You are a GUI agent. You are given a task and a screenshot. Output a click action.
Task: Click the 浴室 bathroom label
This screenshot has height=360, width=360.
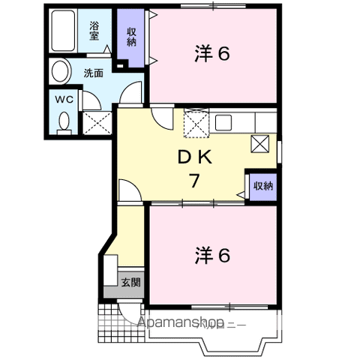[x=94, y=31]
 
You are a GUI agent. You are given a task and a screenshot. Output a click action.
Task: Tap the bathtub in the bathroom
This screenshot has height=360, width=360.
[x=63, y=31]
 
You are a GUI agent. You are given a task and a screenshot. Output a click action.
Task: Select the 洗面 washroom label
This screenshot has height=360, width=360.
[x=93, y=73]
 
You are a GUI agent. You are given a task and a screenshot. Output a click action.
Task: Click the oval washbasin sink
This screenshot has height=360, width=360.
[x=60, y=71]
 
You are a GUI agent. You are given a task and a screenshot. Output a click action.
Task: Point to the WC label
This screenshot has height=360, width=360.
[x=64, y=100]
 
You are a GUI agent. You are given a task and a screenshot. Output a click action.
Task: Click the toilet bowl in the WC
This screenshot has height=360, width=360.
[x=64, y=122]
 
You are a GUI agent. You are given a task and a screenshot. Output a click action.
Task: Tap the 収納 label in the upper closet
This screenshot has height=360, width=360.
[x=131, y=37]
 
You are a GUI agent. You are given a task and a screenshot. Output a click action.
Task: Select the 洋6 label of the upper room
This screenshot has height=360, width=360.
[x=212, y=53]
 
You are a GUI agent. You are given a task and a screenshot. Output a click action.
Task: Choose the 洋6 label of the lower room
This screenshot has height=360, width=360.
[x=212, y=255]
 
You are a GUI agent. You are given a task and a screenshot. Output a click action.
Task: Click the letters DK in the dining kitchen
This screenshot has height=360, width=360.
[x=195, y=157]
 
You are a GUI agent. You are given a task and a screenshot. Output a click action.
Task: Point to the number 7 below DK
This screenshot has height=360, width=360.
[x=194, y=181]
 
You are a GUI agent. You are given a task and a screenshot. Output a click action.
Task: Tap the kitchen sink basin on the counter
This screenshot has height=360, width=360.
[x=223, y=122]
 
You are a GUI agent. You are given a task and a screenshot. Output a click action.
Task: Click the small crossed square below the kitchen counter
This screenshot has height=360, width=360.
[x=260, y=144]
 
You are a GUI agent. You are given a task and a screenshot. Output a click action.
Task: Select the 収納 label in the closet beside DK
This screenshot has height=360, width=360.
[x=263, y=186]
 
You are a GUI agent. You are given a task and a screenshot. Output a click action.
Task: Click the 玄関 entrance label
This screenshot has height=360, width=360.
[x=130, y=282]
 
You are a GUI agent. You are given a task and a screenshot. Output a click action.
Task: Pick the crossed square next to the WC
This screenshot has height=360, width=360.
[x=97, y=123]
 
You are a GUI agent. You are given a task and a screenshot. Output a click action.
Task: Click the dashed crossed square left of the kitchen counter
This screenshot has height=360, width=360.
[x=196, y=123]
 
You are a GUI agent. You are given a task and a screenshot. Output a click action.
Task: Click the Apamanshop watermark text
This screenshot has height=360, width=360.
[x=181, y=322]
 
